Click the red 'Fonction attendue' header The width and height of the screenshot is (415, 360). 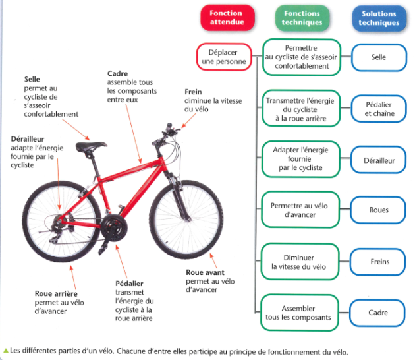click(227, 18)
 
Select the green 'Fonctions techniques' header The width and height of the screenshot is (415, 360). click(302, 18)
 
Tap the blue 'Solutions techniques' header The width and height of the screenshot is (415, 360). click(379, 18)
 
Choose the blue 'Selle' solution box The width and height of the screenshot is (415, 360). click(378, 57)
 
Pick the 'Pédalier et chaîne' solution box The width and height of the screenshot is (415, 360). click(378, 109)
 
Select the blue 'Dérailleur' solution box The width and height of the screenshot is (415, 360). click(378, 160)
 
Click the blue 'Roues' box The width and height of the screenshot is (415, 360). click(378, 210)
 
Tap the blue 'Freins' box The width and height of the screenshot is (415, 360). click(378, 262)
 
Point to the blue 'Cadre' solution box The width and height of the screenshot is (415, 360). click(378, 313)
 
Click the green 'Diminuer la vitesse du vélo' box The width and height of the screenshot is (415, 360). click(300, 262)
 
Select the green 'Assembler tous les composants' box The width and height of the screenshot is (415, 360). click(300, 313)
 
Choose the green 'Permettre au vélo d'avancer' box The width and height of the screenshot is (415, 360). click(300, 210)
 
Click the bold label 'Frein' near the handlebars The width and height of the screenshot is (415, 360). click(193, 92)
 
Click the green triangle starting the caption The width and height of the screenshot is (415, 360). click(6, 351)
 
